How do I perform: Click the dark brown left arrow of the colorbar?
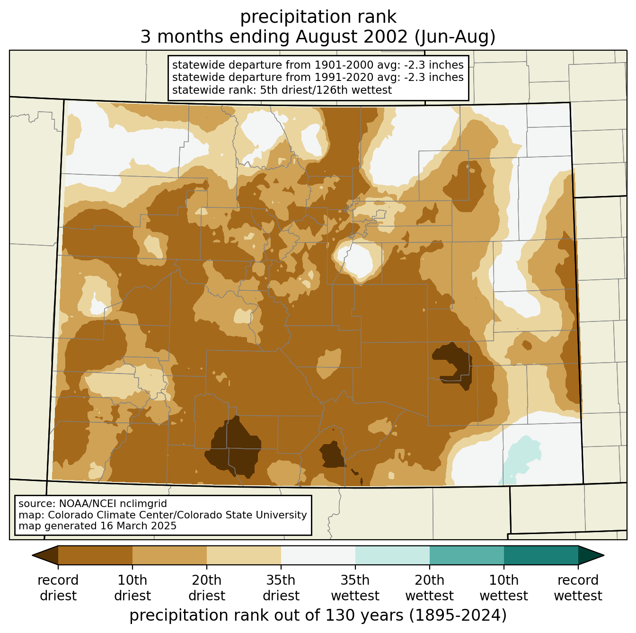coord(45,555)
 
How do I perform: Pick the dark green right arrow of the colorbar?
coord(591,555)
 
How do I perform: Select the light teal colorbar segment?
coord(392,555)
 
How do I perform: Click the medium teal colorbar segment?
coord(467,555)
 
